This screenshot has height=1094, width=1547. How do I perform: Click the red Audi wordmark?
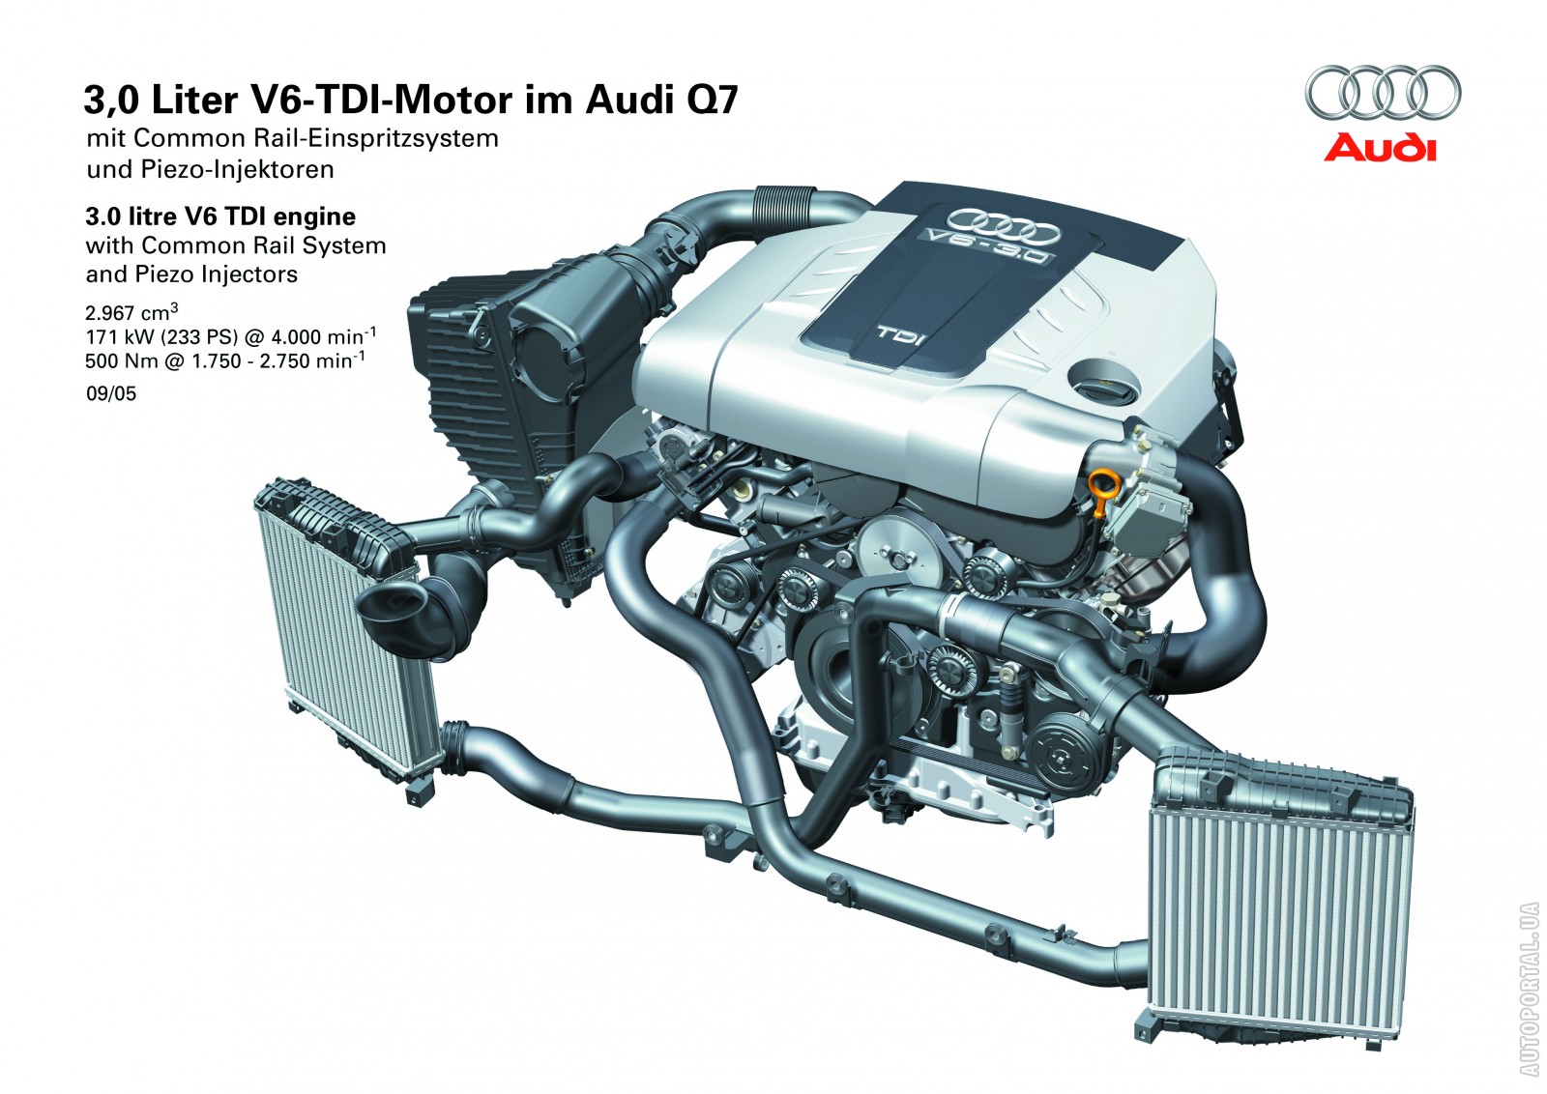coord(1380,149)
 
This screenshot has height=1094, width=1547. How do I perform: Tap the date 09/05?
coord(111,394)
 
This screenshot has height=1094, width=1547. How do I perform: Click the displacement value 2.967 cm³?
coord(131,312)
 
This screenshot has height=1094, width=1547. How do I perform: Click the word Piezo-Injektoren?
coord(238,169)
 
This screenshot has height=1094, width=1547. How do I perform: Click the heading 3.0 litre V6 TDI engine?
coord(220,216)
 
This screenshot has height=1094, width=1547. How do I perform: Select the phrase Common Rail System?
coord(263,245)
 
